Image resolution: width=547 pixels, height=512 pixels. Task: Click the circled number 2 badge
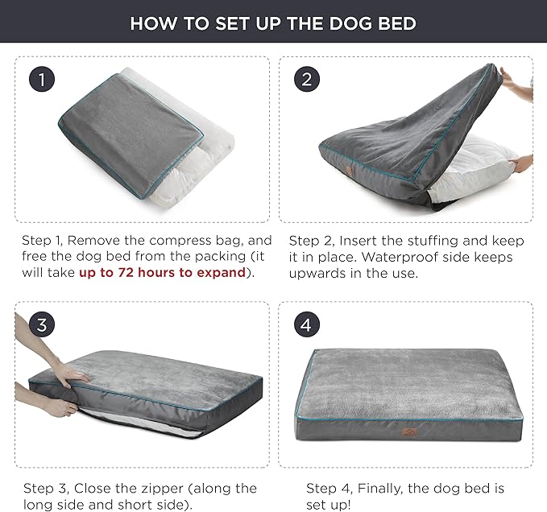[306, 80]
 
